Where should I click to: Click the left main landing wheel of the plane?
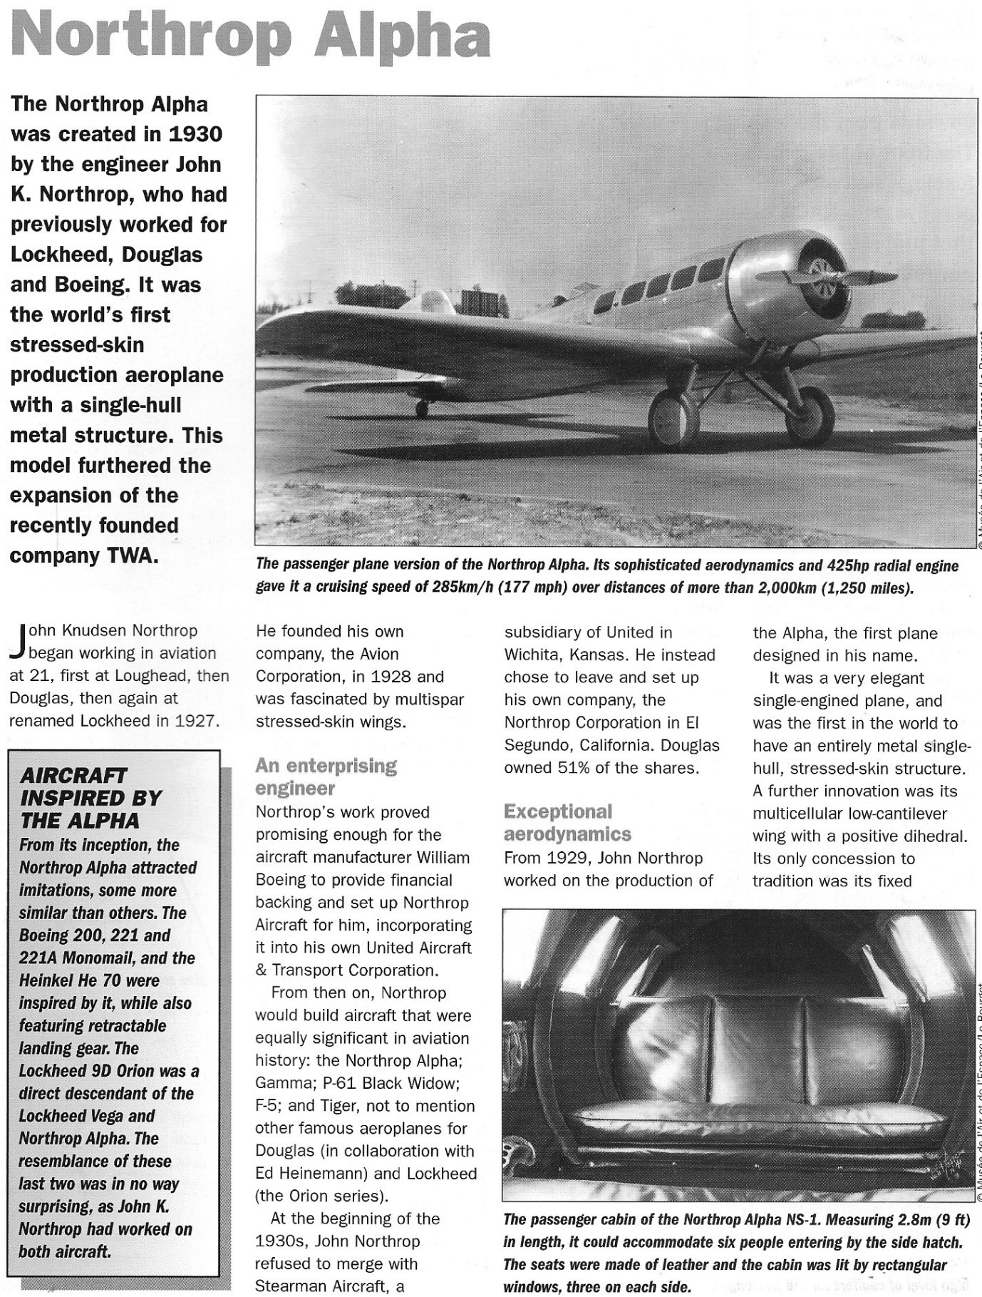(672, 419)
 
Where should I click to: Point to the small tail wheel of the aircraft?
(422, 409)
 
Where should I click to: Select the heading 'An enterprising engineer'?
(326, 776)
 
